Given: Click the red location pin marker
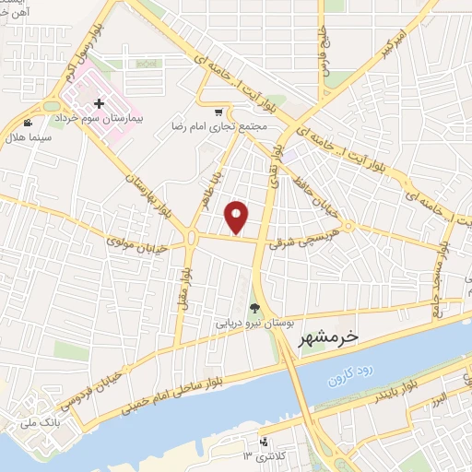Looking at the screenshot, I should click(x=238, y=217).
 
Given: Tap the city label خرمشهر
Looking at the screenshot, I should click(x=329, y=340).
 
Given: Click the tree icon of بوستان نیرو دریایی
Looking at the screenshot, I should click(x=254, y=309).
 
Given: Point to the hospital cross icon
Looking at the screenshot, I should click(x=99, y=104).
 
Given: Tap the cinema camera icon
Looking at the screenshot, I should click(x=29, y=122).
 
